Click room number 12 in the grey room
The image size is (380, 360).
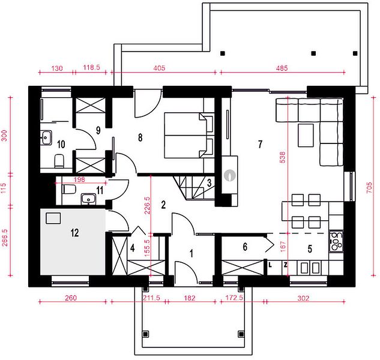pyautogui.click(x=74, y=233)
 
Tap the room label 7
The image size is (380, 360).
pyautogui.click(x=260, y=144)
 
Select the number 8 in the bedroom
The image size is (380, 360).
pyautogui.click(x=140, y=137)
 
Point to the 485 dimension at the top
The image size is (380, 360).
pyautogui.click(x=282, y=68)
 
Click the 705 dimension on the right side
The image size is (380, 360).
pyautogui.click(x=369, y=188)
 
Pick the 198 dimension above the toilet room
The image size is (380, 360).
pyautogui.click(x=79, y=179)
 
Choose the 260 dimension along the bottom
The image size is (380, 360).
pyautogui.click(x=71, y=298)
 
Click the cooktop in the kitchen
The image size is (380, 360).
pyautogui.click(x=336, y=241)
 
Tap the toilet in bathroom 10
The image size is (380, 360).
pyautogui.click(x=59, y=161)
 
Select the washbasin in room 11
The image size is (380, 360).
pyautogui.click(x=88, y=199)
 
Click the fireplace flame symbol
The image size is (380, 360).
pyautogui.click(x=230, y=175)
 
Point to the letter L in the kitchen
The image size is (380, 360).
pyautogui.click(x=270, y=265)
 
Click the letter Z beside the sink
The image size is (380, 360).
pyautogui.click(x=286, y=265)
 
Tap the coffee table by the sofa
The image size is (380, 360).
pyautogui.click(x=306, y=135)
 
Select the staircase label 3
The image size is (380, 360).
pyautogui.click(x=209, y=183)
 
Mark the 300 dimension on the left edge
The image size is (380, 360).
pyautogui.click(x=5, y=136)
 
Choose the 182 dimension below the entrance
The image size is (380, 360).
pyautogui.click(x=190, y=298)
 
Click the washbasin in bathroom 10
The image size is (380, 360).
pyautogui.click(x=46, y=137)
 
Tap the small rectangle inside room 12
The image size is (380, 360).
pyautogui.click(x=53, y=218)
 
